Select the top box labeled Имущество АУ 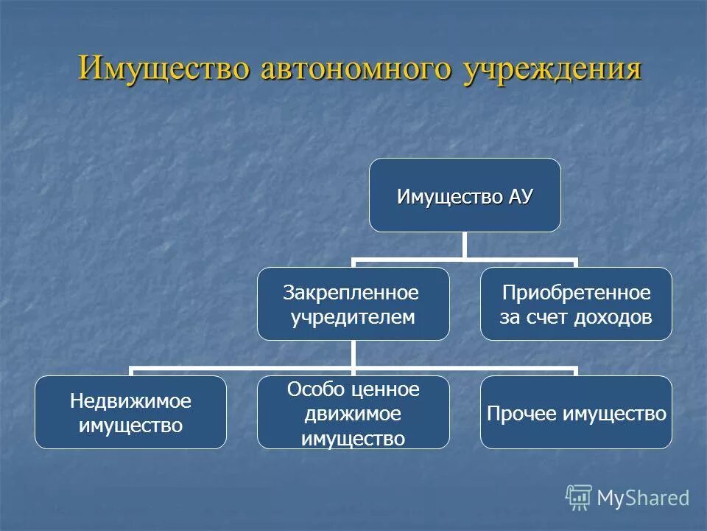point(465,195)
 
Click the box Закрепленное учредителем point(353,303)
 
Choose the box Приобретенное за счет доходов point(576,303)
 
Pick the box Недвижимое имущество point(130,412)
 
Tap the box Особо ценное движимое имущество point(353,412)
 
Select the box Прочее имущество point(576,412)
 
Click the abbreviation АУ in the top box point(519,197)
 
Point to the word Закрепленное point(351,293)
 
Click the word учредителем point(351,317)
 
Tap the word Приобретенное point(576,293)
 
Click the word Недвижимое point(130,401)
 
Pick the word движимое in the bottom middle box point(353,414)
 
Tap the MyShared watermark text point(643,498)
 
